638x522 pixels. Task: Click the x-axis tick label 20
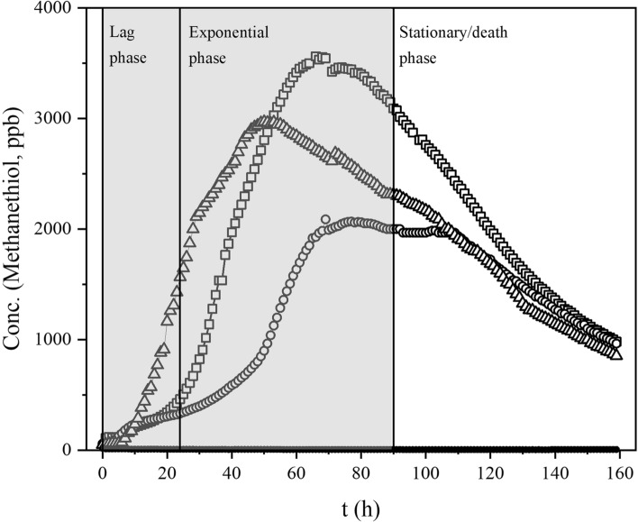pos(167,472)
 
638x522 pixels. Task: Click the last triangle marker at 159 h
pos(615,354)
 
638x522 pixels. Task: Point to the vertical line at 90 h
pos(394,270)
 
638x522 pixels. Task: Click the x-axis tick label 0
pos(103,472)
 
